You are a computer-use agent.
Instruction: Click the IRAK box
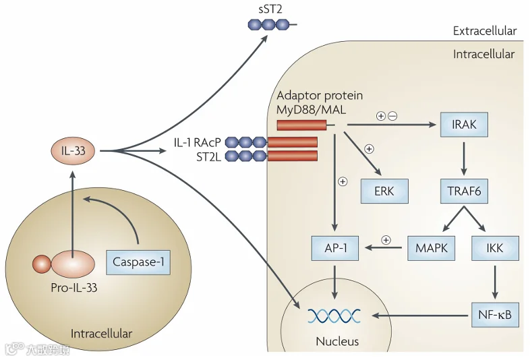464,125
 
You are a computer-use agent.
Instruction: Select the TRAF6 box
464,191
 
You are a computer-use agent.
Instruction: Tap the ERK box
384,191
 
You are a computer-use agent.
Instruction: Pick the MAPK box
431,248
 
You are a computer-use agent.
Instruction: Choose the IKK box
495,248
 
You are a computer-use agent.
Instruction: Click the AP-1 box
335,248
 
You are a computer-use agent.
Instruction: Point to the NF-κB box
495,315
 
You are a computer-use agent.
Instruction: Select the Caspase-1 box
138,262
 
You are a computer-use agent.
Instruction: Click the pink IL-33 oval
73,150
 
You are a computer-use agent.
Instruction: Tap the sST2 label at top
270,9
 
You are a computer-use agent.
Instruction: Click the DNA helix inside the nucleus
334,316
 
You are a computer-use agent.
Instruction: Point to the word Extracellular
485,31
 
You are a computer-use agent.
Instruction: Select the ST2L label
208,157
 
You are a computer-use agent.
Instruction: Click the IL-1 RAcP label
198,142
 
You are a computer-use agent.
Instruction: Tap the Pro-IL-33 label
74,288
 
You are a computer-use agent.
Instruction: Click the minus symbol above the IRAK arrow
392,116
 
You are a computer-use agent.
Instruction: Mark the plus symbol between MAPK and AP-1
386,240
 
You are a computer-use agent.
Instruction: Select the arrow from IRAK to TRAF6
464,158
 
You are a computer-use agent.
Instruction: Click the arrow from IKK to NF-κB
495,282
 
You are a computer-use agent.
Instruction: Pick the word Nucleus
337,341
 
